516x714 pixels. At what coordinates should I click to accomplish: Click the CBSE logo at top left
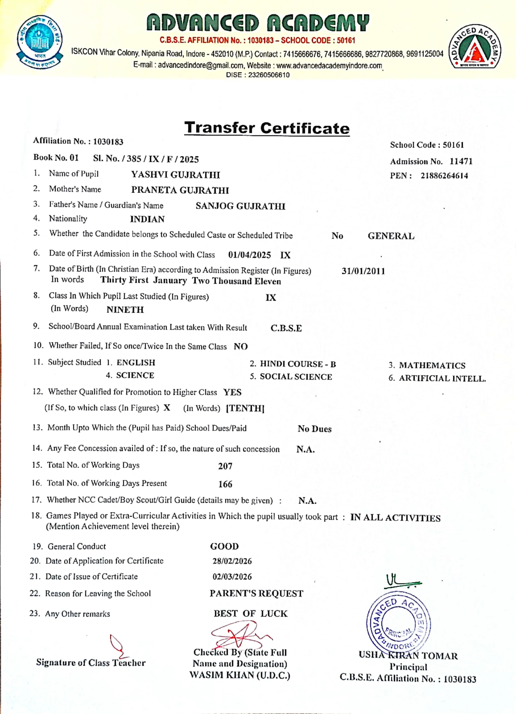pyautogui.click(x=39, y=42)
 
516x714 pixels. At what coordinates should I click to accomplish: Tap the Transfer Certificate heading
pyautogui.click(x=267, y=128)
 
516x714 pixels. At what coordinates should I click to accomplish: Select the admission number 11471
pyautogui.click(x=461, y=161)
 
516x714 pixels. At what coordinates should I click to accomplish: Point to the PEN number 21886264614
pyautogui.click(x=444, y=176)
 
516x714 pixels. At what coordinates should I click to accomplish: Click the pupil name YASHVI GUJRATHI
pyautogui.click(x=176, y=175)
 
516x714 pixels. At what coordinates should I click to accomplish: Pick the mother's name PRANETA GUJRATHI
pyautogui.click(x=180, y=190)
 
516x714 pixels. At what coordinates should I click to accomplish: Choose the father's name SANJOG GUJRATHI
pyautogui.click(x=240, y=206)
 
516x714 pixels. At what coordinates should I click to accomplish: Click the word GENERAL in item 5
pyautogui.click(x=391, y=236)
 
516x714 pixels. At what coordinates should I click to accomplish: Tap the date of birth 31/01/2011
pyautogui.click(x=364, y=271)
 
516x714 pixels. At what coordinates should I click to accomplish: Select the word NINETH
pyautogui.click(x=125, y=310)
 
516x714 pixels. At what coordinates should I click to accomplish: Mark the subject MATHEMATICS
pyautogui.click(x=432, y=365)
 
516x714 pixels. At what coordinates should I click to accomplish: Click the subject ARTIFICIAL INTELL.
pyautogui.click(x=442, y=378)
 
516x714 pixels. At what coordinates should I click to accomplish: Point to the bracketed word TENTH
pyautogui.click(x=245, y=408)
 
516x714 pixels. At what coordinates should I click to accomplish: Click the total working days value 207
pyautogui.click(x=225, y=466)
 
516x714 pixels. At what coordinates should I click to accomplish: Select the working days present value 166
pyautogui.click(x=225, y=484)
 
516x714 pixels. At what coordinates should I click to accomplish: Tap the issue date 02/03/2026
pyautogui.click(x=232, y=577)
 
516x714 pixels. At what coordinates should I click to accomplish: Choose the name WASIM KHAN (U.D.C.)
pyautogui.click(x=240, y=675)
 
